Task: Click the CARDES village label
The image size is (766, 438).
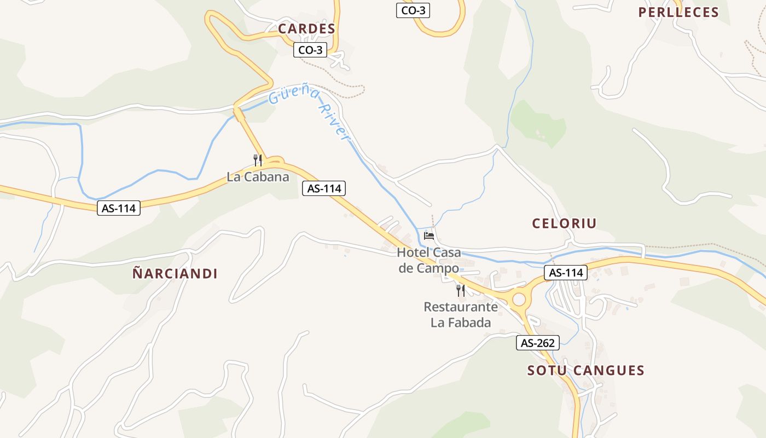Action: click(306, 28)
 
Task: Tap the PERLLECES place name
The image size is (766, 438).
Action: click(678, 12)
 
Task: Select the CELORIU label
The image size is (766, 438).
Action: click(564, 223)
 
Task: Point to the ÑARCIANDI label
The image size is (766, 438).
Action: click(175, 274)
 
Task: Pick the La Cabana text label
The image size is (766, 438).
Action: click(258, 177)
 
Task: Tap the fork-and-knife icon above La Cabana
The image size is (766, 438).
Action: click(258, 160)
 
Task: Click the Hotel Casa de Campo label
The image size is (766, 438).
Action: click(429, 260)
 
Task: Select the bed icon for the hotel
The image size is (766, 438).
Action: click(430, 236)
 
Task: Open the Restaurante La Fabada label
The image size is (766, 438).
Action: click(461, 314)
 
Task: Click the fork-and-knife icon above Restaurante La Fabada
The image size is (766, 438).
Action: click(461, 290)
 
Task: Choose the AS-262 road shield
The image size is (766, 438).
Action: click(538, 343)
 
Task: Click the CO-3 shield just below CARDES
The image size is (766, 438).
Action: click(310, 50)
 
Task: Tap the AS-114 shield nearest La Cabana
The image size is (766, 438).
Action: click(324, 189)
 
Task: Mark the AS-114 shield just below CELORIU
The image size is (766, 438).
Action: click(566, 273)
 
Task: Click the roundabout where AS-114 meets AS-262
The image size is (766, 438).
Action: click(518, 299)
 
